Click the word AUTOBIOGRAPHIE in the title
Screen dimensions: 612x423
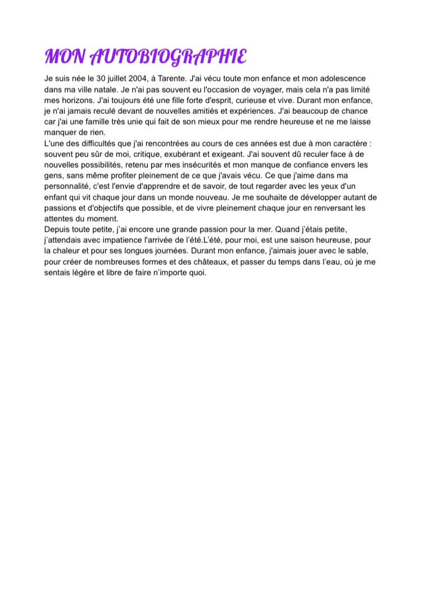(x=168, y=56)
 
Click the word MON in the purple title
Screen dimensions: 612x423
(x=65, y=56)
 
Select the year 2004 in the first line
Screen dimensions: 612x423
(x=138, y=79)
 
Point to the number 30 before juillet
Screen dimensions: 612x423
(x=101, y=79)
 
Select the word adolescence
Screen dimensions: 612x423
(x=343, y=79)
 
